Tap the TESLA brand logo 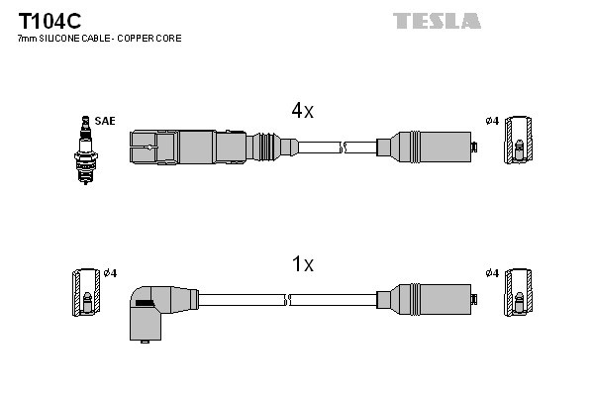coord(437,21)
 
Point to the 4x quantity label coord(302,112)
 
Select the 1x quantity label coord(302,264)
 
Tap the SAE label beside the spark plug coord(106,121)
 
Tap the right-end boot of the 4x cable coord(427,148)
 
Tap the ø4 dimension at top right coord(492,121)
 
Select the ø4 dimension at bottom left coord(110,273)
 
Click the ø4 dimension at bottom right coord(492,273)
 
